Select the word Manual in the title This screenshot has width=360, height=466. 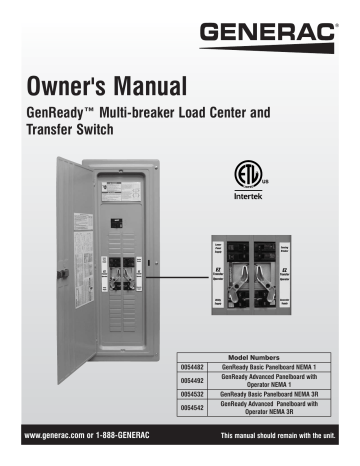[x=155, y=85]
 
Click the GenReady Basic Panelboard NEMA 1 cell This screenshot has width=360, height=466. [x=270, y=366]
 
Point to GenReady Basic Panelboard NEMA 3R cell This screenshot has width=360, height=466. [x=270, y=396]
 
